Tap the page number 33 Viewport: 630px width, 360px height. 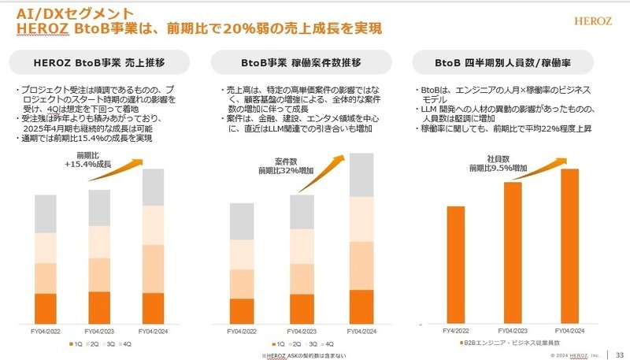point(619,351)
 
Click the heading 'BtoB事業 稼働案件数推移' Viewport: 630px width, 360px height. point(302,63)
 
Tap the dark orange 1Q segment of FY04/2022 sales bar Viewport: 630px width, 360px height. point(46,309)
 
